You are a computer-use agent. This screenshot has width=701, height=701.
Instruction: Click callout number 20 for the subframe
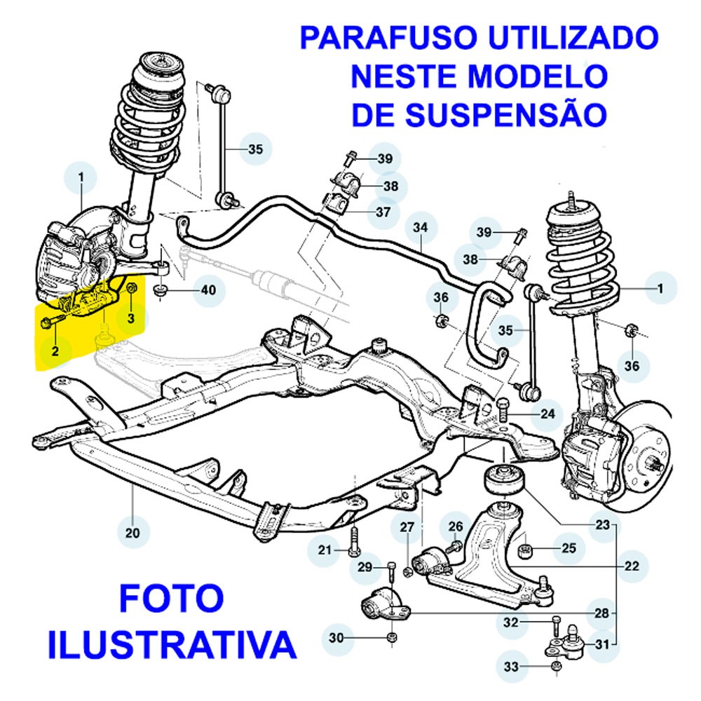(132, 533)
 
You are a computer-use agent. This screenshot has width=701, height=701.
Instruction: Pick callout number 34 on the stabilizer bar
(419, 228)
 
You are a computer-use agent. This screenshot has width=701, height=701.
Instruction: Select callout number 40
(208, 290)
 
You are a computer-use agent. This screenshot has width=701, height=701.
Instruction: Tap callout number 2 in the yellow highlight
(54, 348)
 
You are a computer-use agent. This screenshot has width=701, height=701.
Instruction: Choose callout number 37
(383, 212)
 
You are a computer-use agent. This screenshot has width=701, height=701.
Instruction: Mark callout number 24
(547, 414)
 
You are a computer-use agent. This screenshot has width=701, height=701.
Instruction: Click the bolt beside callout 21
(353, 541)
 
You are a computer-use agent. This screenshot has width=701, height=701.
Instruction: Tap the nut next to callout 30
(392, 637)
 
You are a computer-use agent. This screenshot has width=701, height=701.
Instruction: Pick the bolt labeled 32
(556, 622)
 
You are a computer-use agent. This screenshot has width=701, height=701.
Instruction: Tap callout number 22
(631, 566)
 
